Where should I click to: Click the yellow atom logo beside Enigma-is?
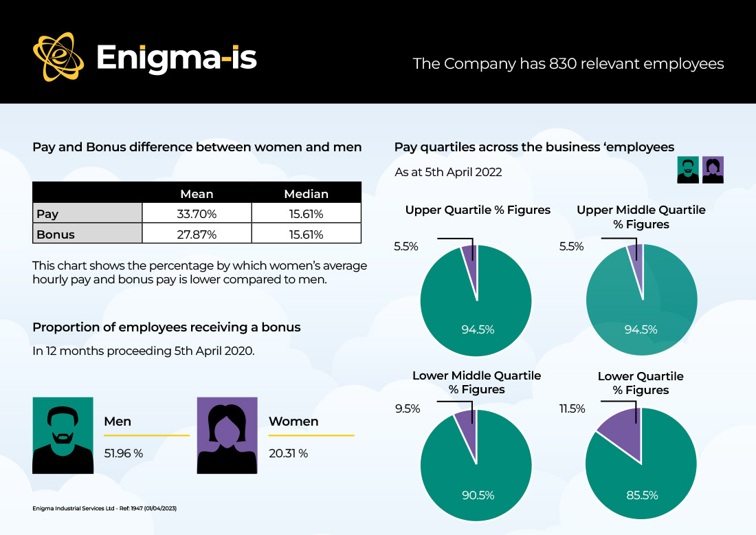[x=58, y=57]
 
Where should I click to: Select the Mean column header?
[x=197, y=194]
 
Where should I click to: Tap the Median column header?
[x=306, y=194]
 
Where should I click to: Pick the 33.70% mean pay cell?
[x=197, y=213]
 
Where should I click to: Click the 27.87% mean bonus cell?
[x=197, y=234]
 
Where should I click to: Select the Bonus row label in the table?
[x=56, y=234]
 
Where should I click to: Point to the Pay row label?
[x=47, y=214]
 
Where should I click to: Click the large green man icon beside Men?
[x=63, y=435]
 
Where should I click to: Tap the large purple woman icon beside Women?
[x=227, y=435]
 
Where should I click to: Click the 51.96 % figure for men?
[x=124, y=453]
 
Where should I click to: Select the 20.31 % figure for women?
[x=289, y=453]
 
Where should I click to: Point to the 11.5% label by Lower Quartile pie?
[x=572, y=408]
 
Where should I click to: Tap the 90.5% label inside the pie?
[x=478, y=495]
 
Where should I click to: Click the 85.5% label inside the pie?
[x=642, y=495]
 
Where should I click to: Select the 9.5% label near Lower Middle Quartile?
[x=408, y=408]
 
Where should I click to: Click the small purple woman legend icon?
[x=713, y=170]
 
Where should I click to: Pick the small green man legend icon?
[x=688, y=170]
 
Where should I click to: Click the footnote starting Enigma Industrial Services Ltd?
[x=104, y=508]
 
